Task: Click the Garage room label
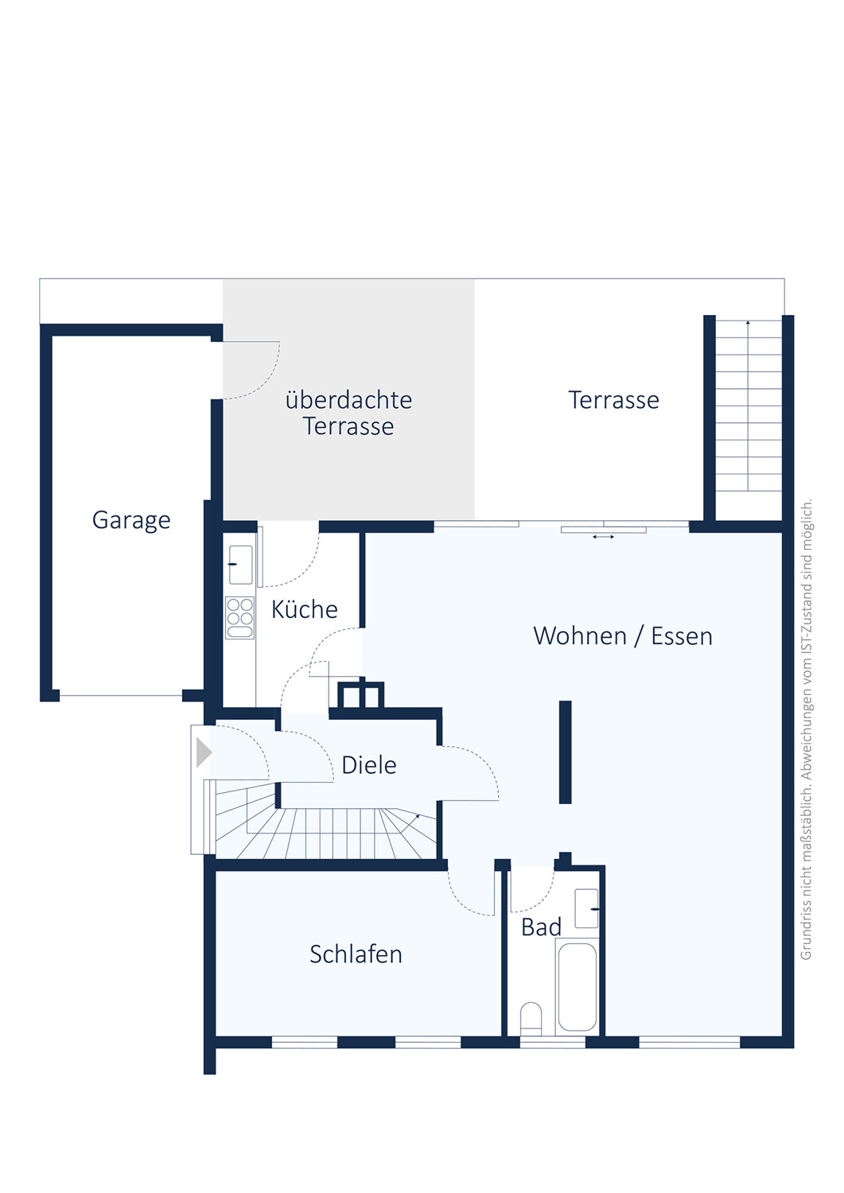[x=131, y=520]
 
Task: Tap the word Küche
[x=304, y=609]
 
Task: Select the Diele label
[x=369, y=765]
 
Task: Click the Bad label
[x=541, y=927]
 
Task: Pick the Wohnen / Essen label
[x=623, y=636]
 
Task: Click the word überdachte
[x=348, y=400]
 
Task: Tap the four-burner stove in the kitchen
[x=239, y=618]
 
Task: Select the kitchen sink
[x=240, y=565]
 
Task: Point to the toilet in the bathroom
[x=531, y=1018]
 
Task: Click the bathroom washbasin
[x=586, y=908]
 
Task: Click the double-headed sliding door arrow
[x=603, y=537]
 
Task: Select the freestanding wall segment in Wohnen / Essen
[x=566, y=752]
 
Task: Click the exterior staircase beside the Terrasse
[x=748, y=406]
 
